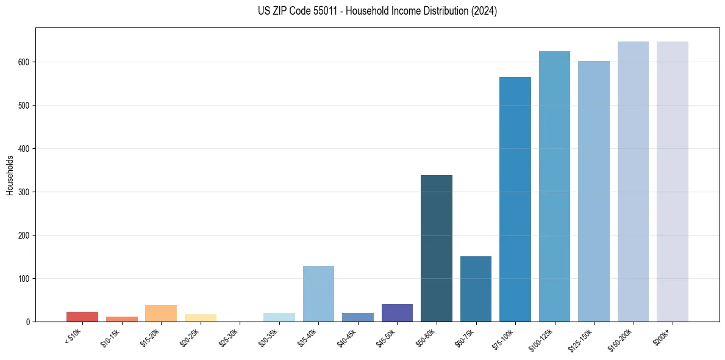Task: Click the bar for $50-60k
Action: pos(436,248)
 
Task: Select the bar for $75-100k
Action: pos(515,200)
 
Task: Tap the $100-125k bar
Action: pos(554,187)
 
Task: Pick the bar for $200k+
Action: pos(672,182)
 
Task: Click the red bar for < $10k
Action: pos(82,317)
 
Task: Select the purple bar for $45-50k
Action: pos(397,313)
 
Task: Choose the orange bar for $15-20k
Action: pos(161,314)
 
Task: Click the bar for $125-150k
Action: pos(593,192)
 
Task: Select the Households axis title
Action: pos(10,175)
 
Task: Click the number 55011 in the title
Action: pos(323,11)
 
